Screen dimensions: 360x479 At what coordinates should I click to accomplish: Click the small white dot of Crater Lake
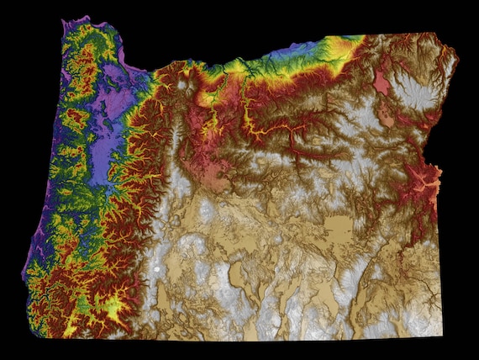157,269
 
